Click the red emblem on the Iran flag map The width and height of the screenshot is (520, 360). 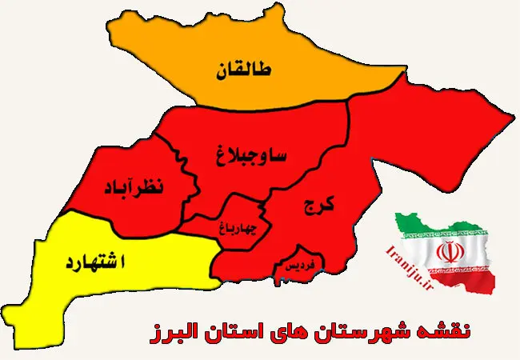tap(448, 253)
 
